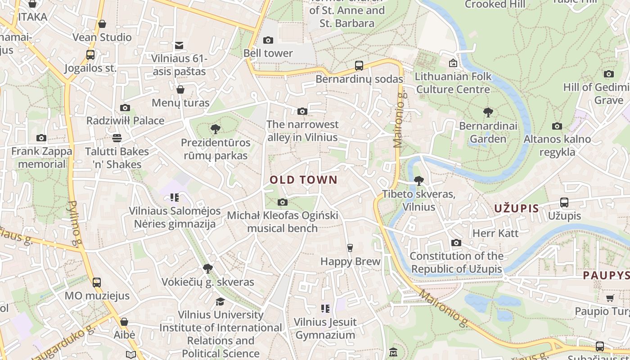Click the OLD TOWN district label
pyautogui.click(x=303, y=180)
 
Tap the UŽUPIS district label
pyautogui.click(x=516, y=208)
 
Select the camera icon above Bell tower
pyautogui.click(x=268, y=40)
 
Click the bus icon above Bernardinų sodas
pyautogui.click(x=359, y=66)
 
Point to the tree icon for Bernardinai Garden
pyautogui.click(x=488, y=112)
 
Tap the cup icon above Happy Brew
pyautogui.click(x=350, y=247)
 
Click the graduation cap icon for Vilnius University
pyautogui.click(x=220, y=301)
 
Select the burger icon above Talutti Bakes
pyautogui.click(x=117, y=138)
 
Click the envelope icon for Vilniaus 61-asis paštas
pyautogui.click(x=179, y=45)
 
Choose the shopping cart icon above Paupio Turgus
pyautogui.click(x=610, y=298)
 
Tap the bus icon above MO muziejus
pyautogui.click(x=97, y=283)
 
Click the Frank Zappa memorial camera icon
pyautogui.click(x=41, y=138)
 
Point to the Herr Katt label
pyautogui.click(x=495, y=233)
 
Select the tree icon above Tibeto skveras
pyautogui.click(x=419, y=181)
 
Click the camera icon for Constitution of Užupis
pyautogui.click(x=456, y=243)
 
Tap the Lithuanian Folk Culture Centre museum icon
pyautogui.click(x=453, y=63)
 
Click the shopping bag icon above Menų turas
pyautogui.click(x=180, y=90)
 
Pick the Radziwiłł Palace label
pyautogui.click(x=125, y=121)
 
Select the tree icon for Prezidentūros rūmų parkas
pyautogui.click(x=215, y=129)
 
